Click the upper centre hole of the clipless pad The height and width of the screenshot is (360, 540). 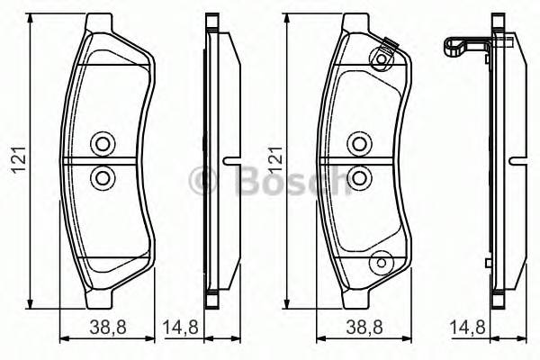(102, 144)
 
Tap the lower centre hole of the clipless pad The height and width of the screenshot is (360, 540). (102, 177)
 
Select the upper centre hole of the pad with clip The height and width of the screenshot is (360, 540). (359, 144)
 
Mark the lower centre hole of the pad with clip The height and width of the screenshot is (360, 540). (359, 177)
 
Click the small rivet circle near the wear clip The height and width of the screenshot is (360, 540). (382, 60)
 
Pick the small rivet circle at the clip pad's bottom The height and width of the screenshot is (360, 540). (382, 261)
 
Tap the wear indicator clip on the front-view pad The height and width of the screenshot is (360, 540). (388, 44)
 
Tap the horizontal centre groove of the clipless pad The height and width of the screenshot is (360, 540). (102, 161)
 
